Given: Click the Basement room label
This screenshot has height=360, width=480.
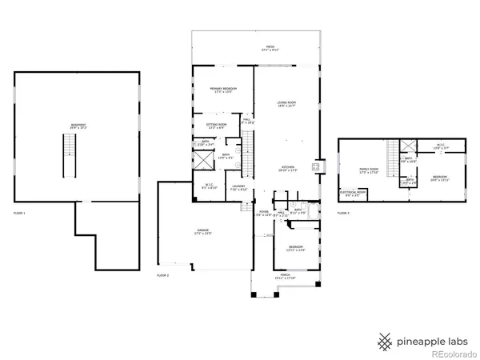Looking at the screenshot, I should [78, 126].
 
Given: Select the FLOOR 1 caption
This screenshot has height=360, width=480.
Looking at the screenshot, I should [19, 214].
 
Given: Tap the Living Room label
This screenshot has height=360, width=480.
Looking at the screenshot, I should [287, 104].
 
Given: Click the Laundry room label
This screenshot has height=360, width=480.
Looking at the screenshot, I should [238, 188].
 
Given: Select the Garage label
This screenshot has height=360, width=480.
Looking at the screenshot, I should [203, 232].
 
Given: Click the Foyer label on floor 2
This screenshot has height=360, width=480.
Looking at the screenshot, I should [262, 214].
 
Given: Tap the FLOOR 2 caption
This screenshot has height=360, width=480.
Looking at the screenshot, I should [163, 275].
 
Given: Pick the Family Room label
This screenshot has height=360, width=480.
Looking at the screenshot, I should [369, 170].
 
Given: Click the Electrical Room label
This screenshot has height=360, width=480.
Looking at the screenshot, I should [353, 194].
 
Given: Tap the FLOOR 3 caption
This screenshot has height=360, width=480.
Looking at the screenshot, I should [342, 214].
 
